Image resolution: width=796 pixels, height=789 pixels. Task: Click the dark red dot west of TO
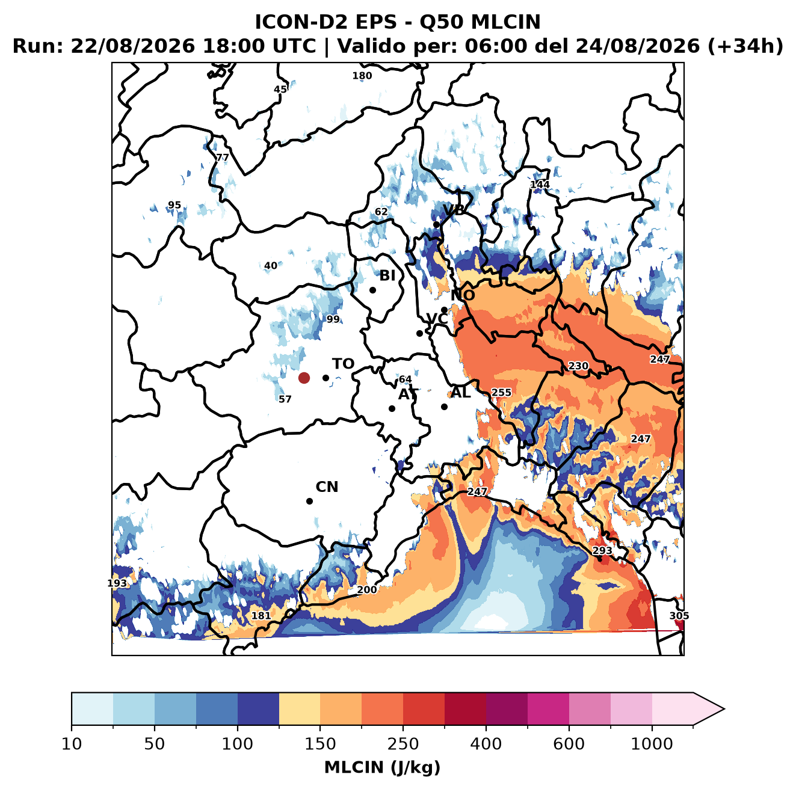(304, 378)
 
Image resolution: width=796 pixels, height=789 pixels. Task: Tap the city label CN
(327, 487)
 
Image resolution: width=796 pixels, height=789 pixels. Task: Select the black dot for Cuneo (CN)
(309, 501)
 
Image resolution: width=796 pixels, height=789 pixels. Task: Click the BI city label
(387, 275)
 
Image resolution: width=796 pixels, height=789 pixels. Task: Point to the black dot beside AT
(392, 408)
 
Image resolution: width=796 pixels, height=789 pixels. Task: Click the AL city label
(461, 392)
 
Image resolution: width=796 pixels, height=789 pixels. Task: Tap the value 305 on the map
(679, 616)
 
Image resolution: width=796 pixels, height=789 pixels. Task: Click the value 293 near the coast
(602, 550)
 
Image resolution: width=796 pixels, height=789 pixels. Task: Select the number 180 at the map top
(362, 76)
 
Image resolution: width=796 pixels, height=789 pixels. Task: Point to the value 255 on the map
(501, 392)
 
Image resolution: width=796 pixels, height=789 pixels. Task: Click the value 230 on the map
(578, 366)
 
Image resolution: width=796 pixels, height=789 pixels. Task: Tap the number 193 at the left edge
(117, 583)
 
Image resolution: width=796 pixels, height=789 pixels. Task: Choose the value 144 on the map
(540, 185)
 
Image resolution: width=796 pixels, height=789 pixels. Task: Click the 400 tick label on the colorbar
(486, 743)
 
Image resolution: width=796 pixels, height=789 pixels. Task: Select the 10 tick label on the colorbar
(72, 743)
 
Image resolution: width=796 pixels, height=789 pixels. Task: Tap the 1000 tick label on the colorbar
(652, 743)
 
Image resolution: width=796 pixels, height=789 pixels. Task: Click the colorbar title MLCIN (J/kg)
(382, 767)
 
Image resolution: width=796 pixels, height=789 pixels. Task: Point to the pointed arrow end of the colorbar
(724, 709)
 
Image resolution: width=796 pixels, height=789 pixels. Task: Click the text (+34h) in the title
(745, 46)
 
